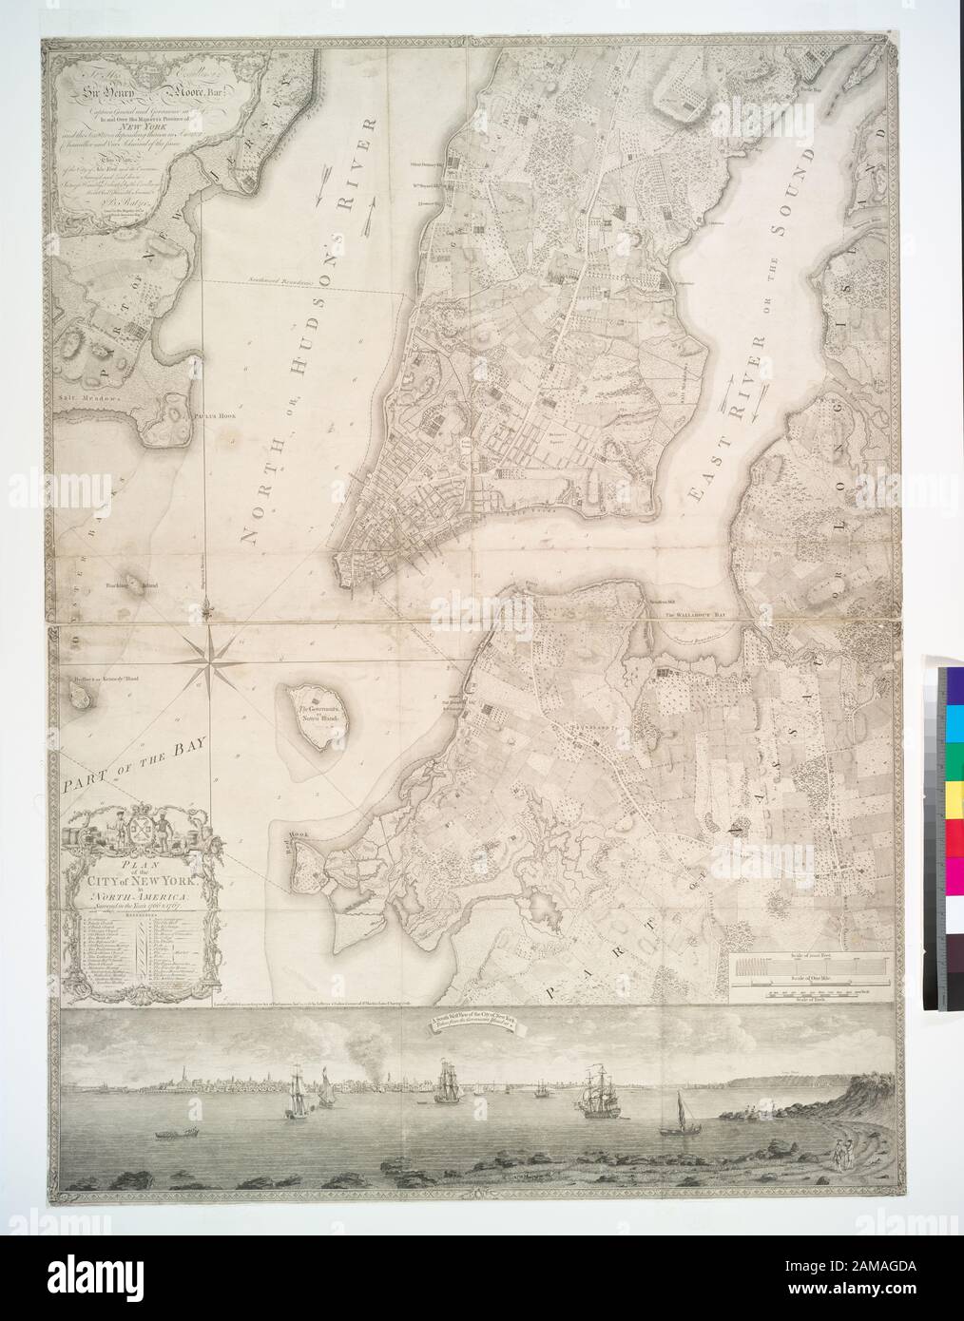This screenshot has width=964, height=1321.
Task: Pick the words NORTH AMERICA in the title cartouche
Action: (x=141, y=897)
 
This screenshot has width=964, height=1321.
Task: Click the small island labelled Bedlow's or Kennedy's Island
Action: (x=80, y=699)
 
